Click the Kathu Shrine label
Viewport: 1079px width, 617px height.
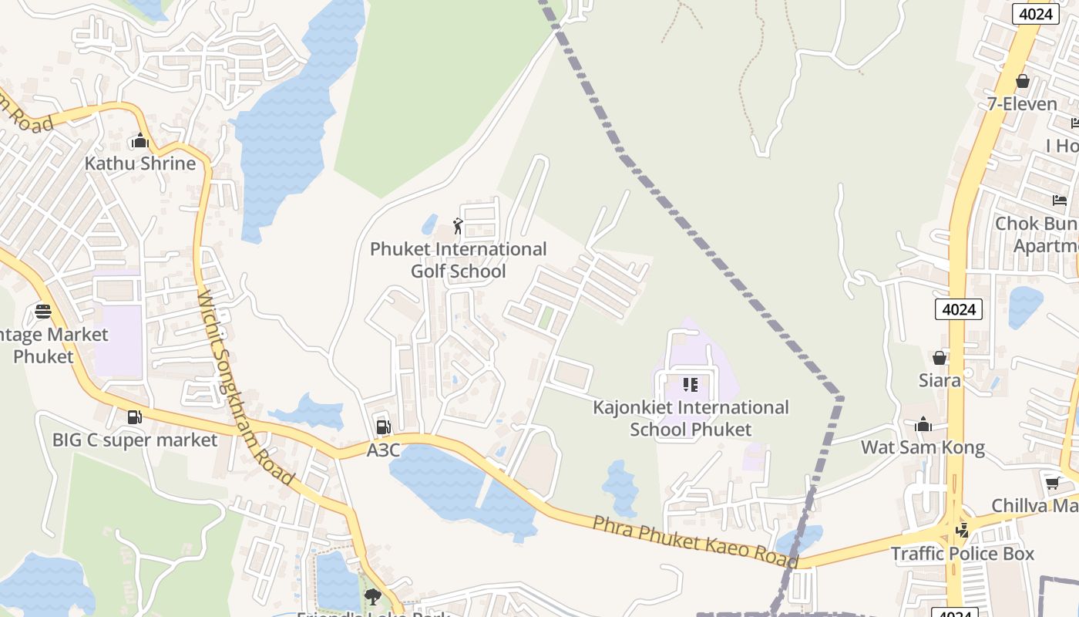(139, 164)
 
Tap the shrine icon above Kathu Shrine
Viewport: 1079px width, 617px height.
(139, 141)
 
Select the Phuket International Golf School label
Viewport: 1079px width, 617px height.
(459, 260)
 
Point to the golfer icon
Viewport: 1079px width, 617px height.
(458, 226)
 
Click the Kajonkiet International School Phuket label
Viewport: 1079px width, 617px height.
(691, 418)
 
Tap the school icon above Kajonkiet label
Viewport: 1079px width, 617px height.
(690, 384)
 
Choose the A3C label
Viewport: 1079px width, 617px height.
(383, 450)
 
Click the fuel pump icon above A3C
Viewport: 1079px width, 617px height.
(382, 427)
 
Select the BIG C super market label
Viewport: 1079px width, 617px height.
(135, 440)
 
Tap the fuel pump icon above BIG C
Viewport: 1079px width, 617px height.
(135, 417)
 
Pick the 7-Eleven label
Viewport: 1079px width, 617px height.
(1022, 103)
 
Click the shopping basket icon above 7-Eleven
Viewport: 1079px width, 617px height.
(1023, 81)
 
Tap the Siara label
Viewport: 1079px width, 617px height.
(940, 380)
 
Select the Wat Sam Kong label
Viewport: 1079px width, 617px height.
(923, 447)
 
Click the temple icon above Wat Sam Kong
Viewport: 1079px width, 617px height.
(923, 424)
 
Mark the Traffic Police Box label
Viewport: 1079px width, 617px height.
(963, 554)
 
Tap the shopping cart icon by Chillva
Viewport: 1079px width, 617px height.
(1052, 484)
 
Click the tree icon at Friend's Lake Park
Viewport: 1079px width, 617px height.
(373, 596)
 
